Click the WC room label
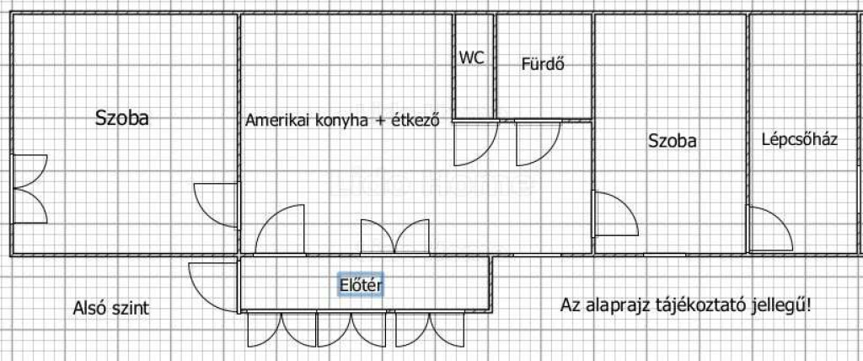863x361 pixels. (x=472, y=57)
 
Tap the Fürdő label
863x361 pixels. (x=544, y=64)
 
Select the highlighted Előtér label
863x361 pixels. (x=361, y=285)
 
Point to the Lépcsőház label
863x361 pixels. (x=800, y=139)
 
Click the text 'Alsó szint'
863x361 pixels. (x=110, y=308)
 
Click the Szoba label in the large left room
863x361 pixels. (x=121, y=118)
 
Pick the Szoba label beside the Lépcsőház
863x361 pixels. (x=672, y=141)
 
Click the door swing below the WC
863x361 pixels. (x=475, y=143)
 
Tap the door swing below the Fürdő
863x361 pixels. (x=538, y=143)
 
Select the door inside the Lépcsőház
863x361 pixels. (x=769, y=229)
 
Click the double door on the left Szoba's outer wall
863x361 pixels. (x=29, y=189)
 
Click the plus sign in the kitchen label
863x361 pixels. (x=378, y=121)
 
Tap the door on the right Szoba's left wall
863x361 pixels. (x=615, y=214)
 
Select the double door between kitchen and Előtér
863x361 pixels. (x=394, y=237)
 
